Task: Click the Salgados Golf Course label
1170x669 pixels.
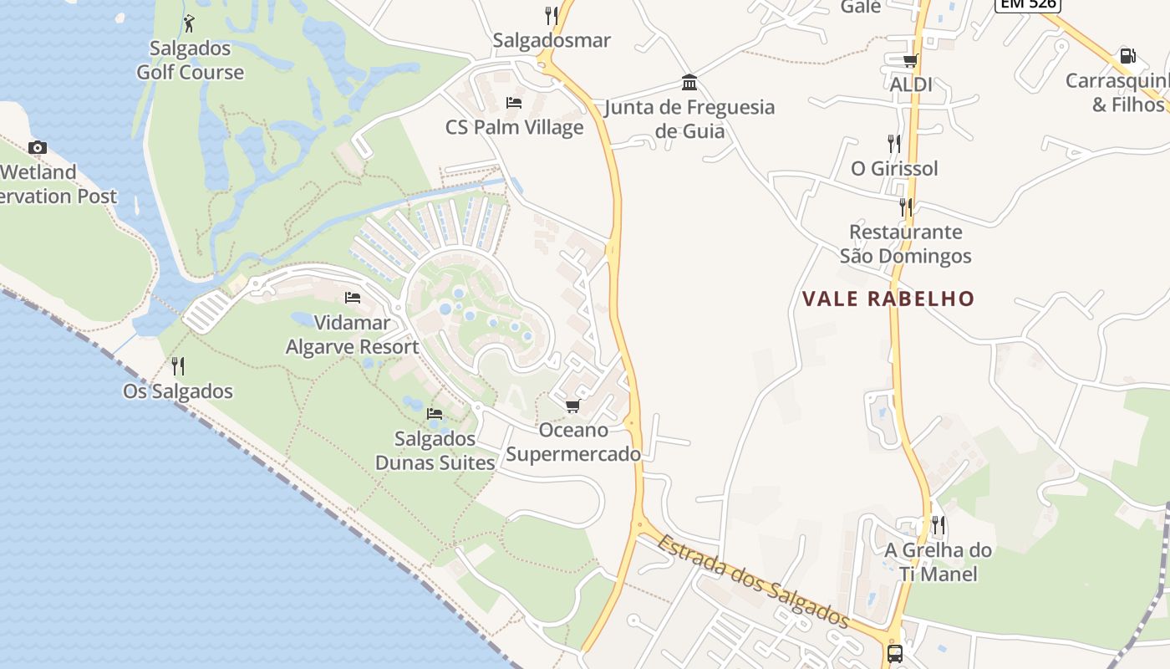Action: coord(191,60)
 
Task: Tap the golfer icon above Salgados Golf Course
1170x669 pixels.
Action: coord(189,23)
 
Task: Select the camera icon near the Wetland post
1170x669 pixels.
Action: coord(37,148)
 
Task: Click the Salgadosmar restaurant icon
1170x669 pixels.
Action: coord(551,15)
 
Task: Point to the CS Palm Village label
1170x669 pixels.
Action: coord(514,127)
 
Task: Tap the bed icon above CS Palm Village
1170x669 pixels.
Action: coord(514,103)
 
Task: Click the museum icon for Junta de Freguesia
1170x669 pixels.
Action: coord(689,83)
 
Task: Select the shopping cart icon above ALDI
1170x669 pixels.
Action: coord(910,60)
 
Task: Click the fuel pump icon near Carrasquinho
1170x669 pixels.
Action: coord(1127,56)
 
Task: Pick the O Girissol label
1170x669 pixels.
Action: coord(894,168)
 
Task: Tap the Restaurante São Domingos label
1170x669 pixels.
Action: coord(906,243)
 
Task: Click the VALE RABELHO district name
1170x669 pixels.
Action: coord(888,299)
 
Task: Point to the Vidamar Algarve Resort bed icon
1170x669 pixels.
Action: coord(353,298)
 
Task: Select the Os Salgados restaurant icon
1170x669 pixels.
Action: coord(178,366)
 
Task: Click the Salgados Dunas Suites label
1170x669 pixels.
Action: coord(435,451)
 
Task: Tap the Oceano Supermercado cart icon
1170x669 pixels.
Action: coord(572,406)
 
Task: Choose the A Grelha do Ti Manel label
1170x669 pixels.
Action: coord(938,562)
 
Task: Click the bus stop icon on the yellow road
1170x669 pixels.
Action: coord(894,653)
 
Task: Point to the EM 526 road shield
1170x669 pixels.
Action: coord(1027,4)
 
